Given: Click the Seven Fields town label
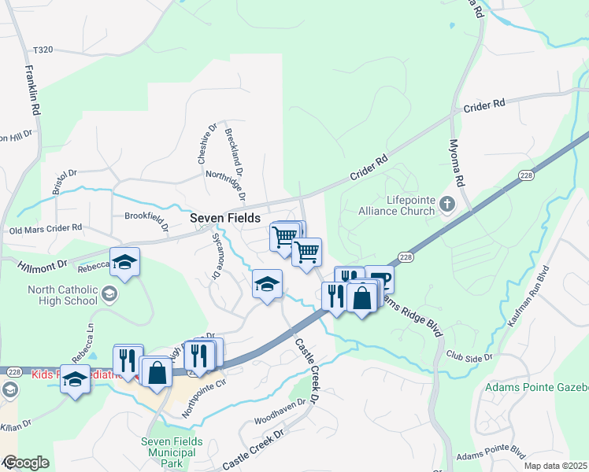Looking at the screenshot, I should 225,218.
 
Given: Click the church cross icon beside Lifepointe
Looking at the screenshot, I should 446,205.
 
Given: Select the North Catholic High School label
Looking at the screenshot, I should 62,295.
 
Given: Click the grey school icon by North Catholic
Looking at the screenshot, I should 109,294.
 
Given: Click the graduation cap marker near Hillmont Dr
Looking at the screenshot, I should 124,263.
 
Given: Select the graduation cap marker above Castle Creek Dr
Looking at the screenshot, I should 268,284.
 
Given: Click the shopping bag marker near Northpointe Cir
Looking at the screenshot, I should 157,372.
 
